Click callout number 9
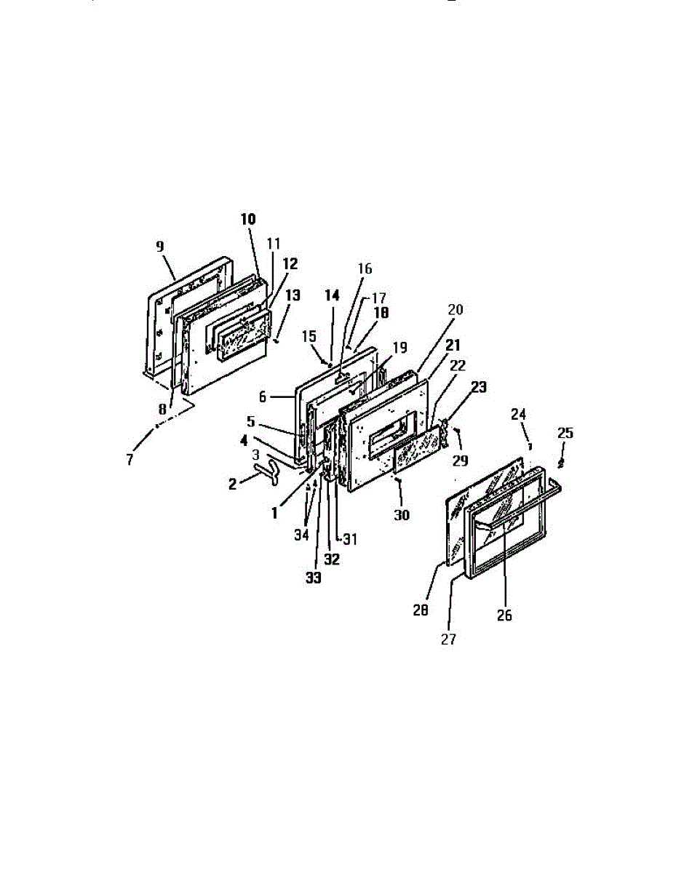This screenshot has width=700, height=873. point(159,246)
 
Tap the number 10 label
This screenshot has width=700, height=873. point(249,219)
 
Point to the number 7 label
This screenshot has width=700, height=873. point(130,460)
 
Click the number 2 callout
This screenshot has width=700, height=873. point(232,483)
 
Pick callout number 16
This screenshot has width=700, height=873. point(365,269)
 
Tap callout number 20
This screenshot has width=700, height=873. point(455,308)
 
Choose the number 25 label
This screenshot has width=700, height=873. point(565,433)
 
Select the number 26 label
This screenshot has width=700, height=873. point(504,615)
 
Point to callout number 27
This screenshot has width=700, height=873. point(449,639)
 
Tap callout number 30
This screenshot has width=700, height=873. point(402,514)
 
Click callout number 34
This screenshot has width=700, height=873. point(301,535)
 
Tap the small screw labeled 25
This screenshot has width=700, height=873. point(561,462)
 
